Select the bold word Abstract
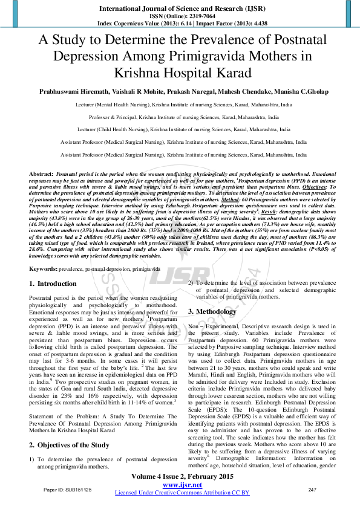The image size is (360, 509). click(x=41, y=173)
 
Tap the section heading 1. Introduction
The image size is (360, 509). click(x=53, y=284)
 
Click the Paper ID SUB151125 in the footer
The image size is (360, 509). click(x=68, y=489)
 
